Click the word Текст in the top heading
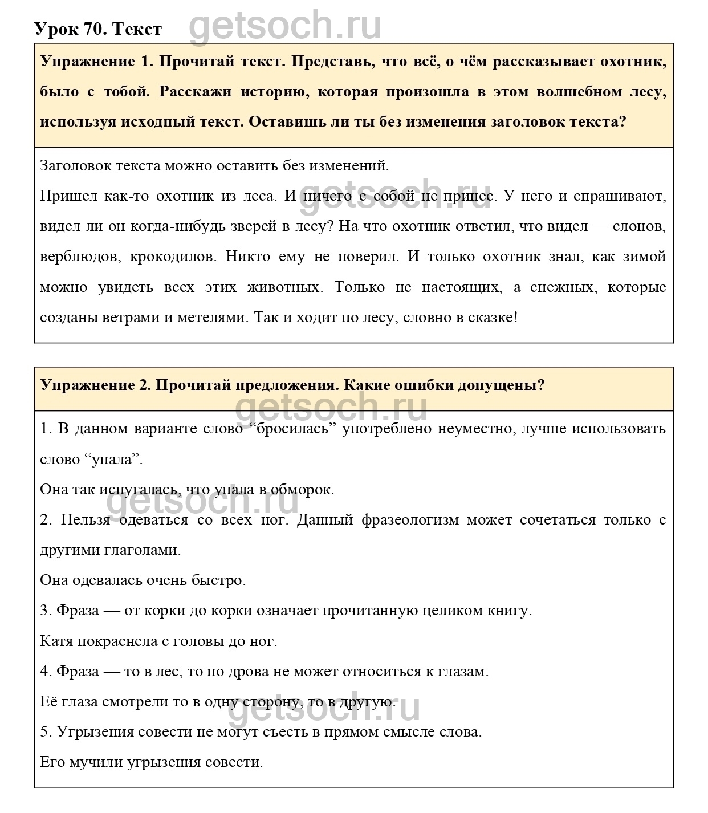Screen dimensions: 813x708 point(137,29)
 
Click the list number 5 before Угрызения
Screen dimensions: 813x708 point(46,731)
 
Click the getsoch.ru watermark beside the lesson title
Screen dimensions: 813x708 point(285,26)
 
